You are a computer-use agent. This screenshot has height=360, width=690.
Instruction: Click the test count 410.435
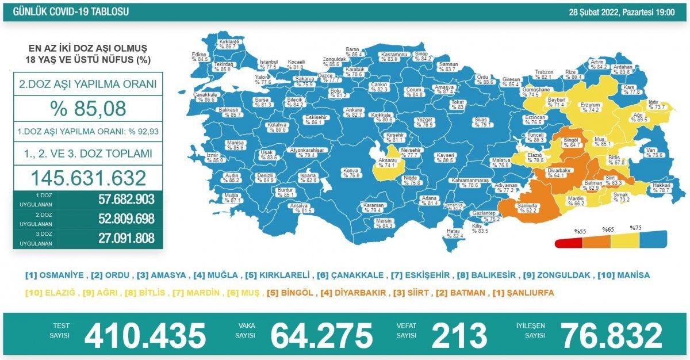click(x=145, y=335)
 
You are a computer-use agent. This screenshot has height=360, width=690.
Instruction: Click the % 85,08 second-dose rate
click(x=87, y=108)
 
